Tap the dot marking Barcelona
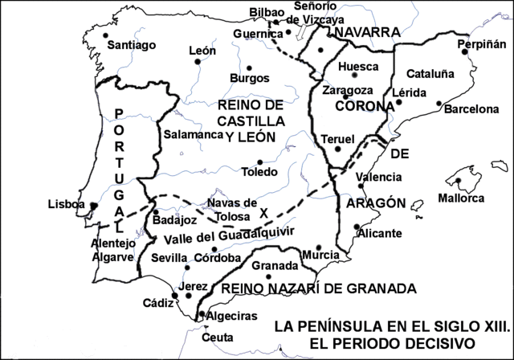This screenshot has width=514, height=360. (x=439, y=104)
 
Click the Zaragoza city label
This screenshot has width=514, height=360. (x=347, y=91)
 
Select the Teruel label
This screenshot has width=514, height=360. (x=337, y=139)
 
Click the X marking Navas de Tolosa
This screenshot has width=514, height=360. (x=263, y=212)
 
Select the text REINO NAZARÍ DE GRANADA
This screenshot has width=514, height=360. (x=319, y=288)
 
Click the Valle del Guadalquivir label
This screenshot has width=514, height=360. (x=221, y=238)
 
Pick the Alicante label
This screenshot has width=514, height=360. (x=380, y=233)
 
